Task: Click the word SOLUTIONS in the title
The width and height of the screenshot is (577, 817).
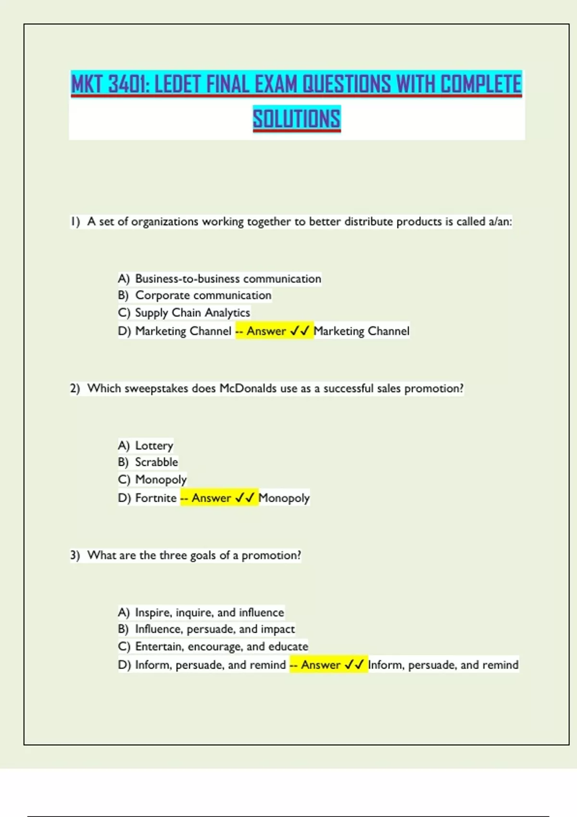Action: point(297,119)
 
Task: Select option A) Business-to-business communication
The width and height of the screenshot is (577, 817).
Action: point(219,279)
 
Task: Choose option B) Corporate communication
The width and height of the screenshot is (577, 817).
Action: point(194,295)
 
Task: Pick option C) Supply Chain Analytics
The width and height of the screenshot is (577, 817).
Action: point(184,313)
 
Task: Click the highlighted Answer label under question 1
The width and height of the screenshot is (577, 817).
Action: point(266,331)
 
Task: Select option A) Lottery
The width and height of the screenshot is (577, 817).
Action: point(145,446)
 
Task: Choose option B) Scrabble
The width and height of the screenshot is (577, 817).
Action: point(148,462)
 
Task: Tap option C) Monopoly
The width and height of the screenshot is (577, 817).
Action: point(152,480)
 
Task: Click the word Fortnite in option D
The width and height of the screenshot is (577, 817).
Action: point(156,498)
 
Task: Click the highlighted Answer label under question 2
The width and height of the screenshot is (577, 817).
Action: point(211,498)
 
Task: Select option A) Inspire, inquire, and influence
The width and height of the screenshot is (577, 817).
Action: point(201,612)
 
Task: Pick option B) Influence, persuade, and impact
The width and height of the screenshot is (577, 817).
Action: point(206,629)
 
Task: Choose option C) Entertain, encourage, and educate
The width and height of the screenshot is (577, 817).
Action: point(213,646)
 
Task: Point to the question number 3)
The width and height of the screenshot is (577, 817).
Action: point(75,555)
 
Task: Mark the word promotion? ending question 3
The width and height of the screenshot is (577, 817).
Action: point(271,555)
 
